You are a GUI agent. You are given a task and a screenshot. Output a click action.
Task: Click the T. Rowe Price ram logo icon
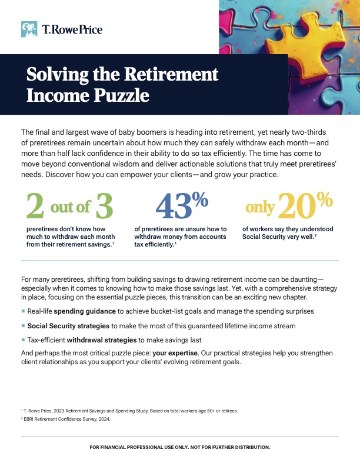(29, 29)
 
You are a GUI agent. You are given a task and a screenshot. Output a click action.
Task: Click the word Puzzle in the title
(122, 95)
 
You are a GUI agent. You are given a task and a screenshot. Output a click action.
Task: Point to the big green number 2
(35, 205)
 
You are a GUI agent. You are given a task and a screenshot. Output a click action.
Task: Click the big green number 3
(104, 206)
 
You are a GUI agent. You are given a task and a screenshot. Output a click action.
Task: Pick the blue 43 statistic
(174, 206)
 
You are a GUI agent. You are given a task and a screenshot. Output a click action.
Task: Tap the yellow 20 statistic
(296, 206)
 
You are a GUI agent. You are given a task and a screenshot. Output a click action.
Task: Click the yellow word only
(260, 208)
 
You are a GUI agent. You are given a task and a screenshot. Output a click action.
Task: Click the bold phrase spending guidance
(85, 311)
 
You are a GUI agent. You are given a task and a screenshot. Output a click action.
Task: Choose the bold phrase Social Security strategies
(68, 326)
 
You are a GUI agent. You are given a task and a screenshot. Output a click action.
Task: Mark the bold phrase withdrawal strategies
(102, 340)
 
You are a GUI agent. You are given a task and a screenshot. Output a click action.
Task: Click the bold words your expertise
(175, 353)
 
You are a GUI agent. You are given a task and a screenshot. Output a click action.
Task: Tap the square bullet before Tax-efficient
(23, 339)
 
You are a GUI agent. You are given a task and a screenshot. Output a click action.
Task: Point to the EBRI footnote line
(66, 419)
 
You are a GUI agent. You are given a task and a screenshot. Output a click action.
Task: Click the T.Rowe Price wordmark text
(72, 29)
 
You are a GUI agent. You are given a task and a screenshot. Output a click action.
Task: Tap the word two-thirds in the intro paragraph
(309, 132)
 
